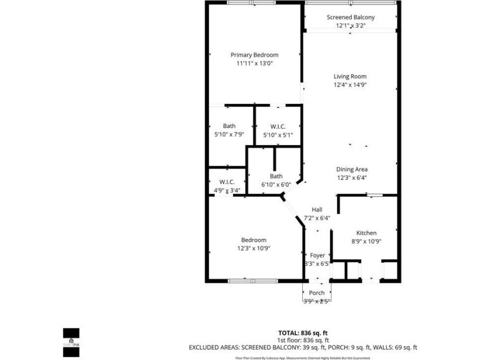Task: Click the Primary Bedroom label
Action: pyautogui.click(x=254, y=55)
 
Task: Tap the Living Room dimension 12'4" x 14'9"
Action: pyautogui.click(x=350, y=85)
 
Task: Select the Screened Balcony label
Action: pyautogui.click(x=350, y=18)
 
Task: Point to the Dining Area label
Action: pyautogui.click(x=351, y=169)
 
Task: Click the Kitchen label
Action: pyautogui.click(x=366, y=233)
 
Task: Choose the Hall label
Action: pyautogui.click(x=317, y=210)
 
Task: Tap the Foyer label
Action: pyautogui.click(x=317, y=255)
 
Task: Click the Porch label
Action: pyautogui.click(x=317, y=293)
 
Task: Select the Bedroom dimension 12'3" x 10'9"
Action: pyautogui.click(x=254, y=248)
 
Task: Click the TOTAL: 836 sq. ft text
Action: pyautogui.click(x=303, y=333)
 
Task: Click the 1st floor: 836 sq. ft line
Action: pyautogui.click(x=303, y=340)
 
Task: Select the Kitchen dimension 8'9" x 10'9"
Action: pyautogui.click(x=366, y=241)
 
